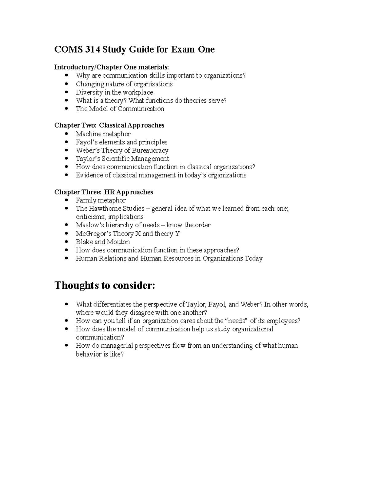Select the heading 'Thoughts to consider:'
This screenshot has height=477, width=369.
(x=105, y=285)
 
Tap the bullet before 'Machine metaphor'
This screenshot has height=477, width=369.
(x=67, y=134)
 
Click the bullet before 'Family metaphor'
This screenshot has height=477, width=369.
(x=67, y=200)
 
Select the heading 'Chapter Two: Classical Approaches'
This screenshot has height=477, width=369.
(x=109, y=125)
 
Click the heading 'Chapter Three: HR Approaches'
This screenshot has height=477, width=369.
(x=104, y=192)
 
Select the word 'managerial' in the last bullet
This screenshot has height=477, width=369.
(x=116, y=346)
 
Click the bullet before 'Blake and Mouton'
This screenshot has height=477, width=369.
(x=67, y=242)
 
